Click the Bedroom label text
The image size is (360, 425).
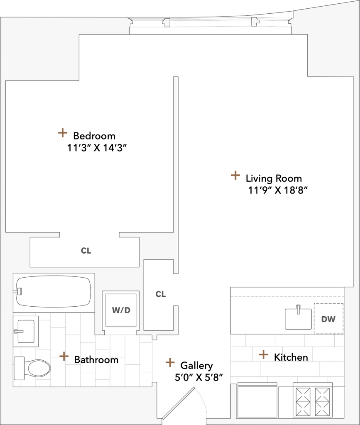tap(94, 136)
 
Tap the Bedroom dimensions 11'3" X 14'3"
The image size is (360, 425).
tap(97, 148)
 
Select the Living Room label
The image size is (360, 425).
tap(274, 178)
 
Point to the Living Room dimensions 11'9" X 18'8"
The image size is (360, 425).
tap(278, 191)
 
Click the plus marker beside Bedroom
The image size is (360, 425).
tap(63, 133)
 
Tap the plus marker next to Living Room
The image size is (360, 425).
tap(235, 175)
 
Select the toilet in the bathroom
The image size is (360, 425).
tap(32, 369)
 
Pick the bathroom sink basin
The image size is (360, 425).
tap(26, 331)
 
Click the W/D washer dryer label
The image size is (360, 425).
tap(121, 310)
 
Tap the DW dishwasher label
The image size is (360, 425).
tap(328, 319)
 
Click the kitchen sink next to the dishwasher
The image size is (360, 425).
tap(298, 318)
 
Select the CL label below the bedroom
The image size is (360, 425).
tap(86, 251)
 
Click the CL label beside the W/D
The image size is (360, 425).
tap(160, 294)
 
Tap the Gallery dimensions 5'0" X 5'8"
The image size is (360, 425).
tap(199, 377)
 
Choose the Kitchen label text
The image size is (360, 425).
tap(291, 357)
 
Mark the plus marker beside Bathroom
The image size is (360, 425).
tap(64, 356)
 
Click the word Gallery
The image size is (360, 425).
tap(196, 366)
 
